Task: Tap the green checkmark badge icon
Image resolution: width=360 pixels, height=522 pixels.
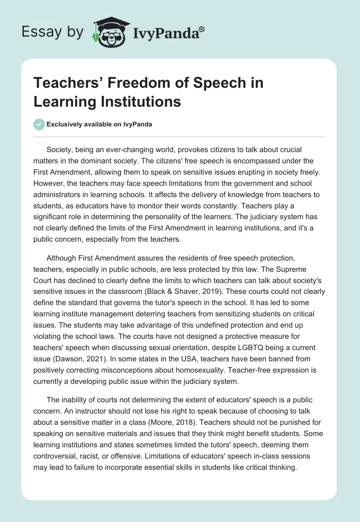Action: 39,124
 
